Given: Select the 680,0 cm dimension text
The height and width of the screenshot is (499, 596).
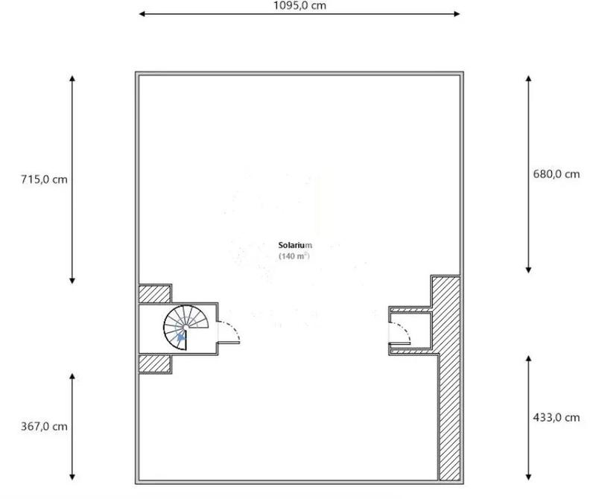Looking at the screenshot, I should coord(556,174).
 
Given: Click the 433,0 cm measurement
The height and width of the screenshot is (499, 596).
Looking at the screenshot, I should coord(556,418).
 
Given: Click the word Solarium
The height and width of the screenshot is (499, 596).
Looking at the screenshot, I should coord(295,245).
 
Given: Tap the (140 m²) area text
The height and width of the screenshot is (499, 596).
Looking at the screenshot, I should coord(294,256).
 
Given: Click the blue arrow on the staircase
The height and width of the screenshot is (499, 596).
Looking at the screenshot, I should coord(180,337).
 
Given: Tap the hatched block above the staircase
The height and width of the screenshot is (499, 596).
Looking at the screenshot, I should coord(156,293).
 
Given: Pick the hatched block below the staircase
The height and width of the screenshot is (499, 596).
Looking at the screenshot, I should coord(156,363).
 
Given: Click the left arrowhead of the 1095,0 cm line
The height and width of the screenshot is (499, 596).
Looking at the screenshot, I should coord(142,13).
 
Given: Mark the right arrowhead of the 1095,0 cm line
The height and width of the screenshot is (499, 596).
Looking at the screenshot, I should coord(457,13).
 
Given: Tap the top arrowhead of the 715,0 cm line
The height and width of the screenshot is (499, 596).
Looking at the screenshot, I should coord(72,77).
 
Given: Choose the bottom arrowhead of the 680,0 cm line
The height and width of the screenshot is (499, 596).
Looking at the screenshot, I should coord(528,269).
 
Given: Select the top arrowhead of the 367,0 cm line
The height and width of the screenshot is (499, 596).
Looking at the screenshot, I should coord(72,377).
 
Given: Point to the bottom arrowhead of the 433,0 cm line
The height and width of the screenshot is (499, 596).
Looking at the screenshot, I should coord(528,475).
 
